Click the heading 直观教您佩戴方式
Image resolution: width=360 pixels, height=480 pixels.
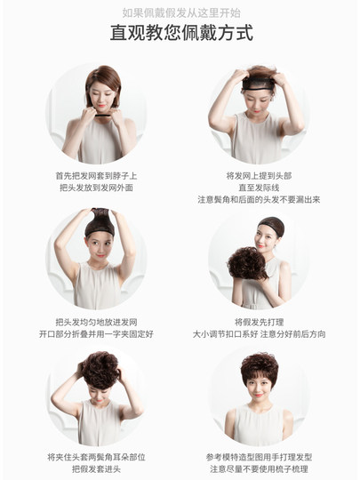coord(180,34)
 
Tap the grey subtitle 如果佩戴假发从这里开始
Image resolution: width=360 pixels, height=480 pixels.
coord(180,12)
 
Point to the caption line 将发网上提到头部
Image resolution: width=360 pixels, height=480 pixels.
coord(258,176)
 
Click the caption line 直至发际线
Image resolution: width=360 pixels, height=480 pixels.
coord(258,188)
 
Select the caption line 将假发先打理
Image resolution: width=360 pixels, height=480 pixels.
coord(258,322)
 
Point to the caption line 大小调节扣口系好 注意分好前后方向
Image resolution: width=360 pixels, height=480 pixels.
coord(258,333)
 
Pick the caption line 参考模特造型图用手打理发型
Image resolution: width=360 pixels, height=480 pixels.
coord(258,456)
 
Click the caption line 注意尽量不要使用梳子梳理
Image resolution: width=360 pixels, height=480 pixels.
coord(258,468)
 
